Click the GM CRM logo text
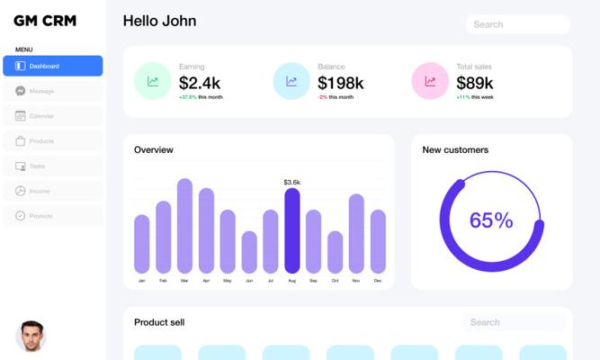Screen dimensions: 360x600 tap(45, 21)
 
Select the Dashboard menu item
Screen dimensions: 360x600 tap(52, 66)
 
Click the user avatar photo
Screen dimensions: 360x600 tap(31, 336)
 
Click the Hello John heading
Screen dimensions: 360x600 tap(159, 21)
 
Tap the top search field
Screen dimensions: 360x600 tap(517, 24)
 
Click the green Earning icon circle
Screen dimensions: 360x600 tap(153, 81)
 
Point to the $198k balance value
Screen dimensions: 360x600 tap(340, 83)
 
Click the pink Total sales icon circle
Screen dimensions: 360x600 tap(430, 81)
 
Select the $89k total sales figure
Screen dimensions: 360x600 tap(474, 83)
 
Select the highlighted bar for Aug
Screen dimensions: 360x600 tap(291, 230)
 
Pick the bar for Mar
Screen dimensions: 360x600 tap(184, 225)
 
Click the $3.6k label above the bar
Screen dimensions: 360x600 tap(291, 182)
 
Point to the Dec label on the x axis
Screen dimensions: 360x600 tap(378, 281)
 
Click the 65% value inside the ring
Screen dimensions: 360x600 tap(491, 220)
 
